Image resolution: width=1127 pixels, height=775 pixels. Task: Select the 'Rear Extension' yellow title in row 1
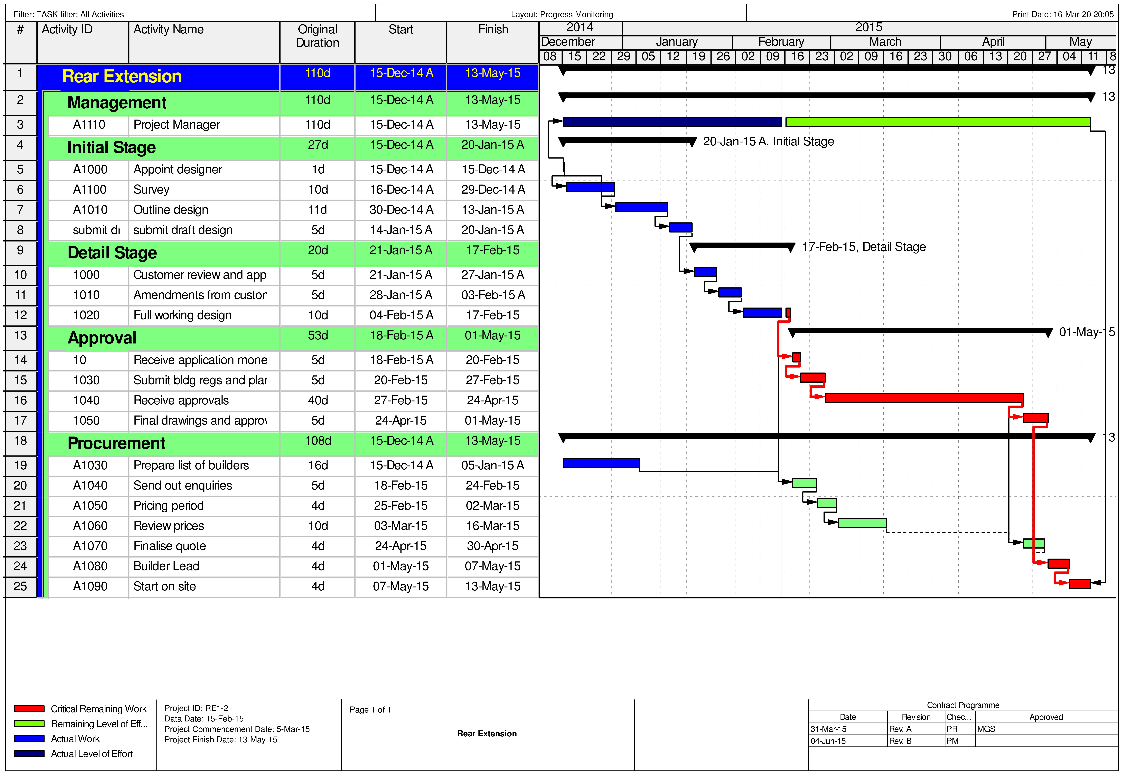tap(122, 77)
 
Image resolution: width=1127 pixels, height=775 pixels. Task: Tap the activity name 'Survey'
tap(151, 190)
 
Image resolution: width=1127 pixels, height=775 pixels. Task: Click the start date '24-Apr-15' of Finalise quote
tap(401, 546)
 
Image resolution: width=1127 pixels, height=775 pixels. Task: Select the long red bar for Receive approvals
tap(924, 398)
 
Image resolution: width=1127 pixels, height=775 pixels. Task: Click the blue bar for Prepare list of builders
tap(601, 463)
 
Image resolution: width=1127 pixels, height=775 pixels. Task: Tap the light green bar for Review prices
tap(863, 524)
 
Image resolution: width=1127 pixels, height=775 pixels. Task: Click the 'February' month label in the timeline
tap(781, 42)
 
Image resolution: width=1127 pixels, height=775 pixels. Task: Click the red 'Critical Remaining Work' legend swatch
tap(29, 709)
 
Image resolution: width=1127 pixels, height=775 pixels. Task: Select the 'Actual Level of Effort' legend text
tap(92, 754)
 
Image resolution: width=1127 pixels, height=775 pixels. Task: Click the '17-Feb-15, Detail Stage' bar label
tap(864, 247)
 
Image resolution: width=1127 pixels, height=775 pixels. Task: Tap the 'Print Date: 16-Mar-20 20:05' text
tap(1062, 15)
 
